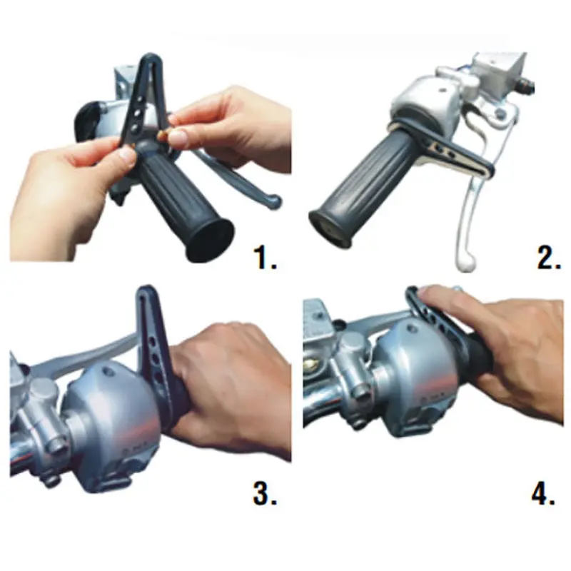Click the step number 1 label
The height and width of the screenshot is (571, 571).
click(x=265, y=258)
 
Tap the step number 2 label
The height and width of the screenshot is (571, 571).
click(x=549, y=258)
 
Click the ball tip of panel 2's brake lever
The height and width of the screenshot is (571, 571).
click(x=467, y=263)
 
